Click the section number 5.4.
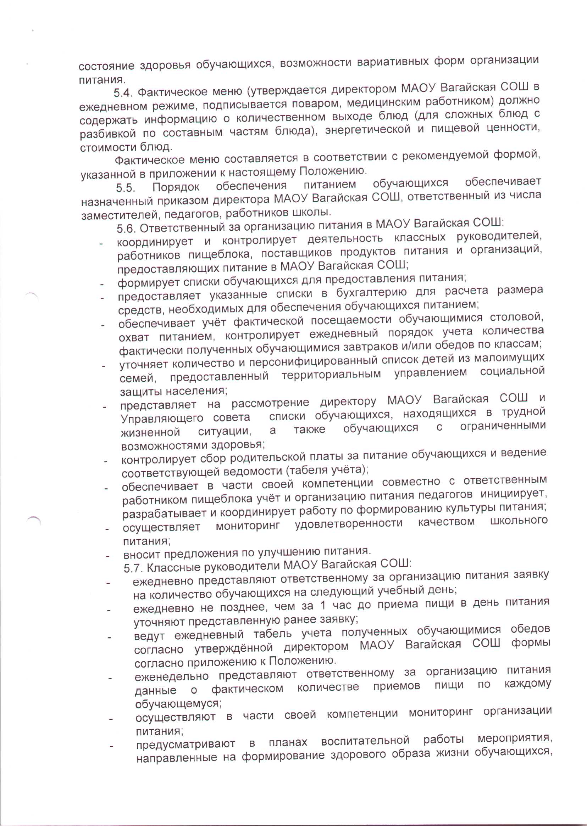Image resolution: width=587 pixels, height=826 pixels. point(122,94)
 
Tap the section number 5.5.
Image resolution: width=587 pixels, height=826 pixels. point(126,188)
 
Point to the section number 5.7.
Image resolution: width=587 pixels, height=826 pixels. point(133,568)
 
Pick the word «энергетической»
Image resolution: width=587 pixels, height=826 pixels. point(367,130)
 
